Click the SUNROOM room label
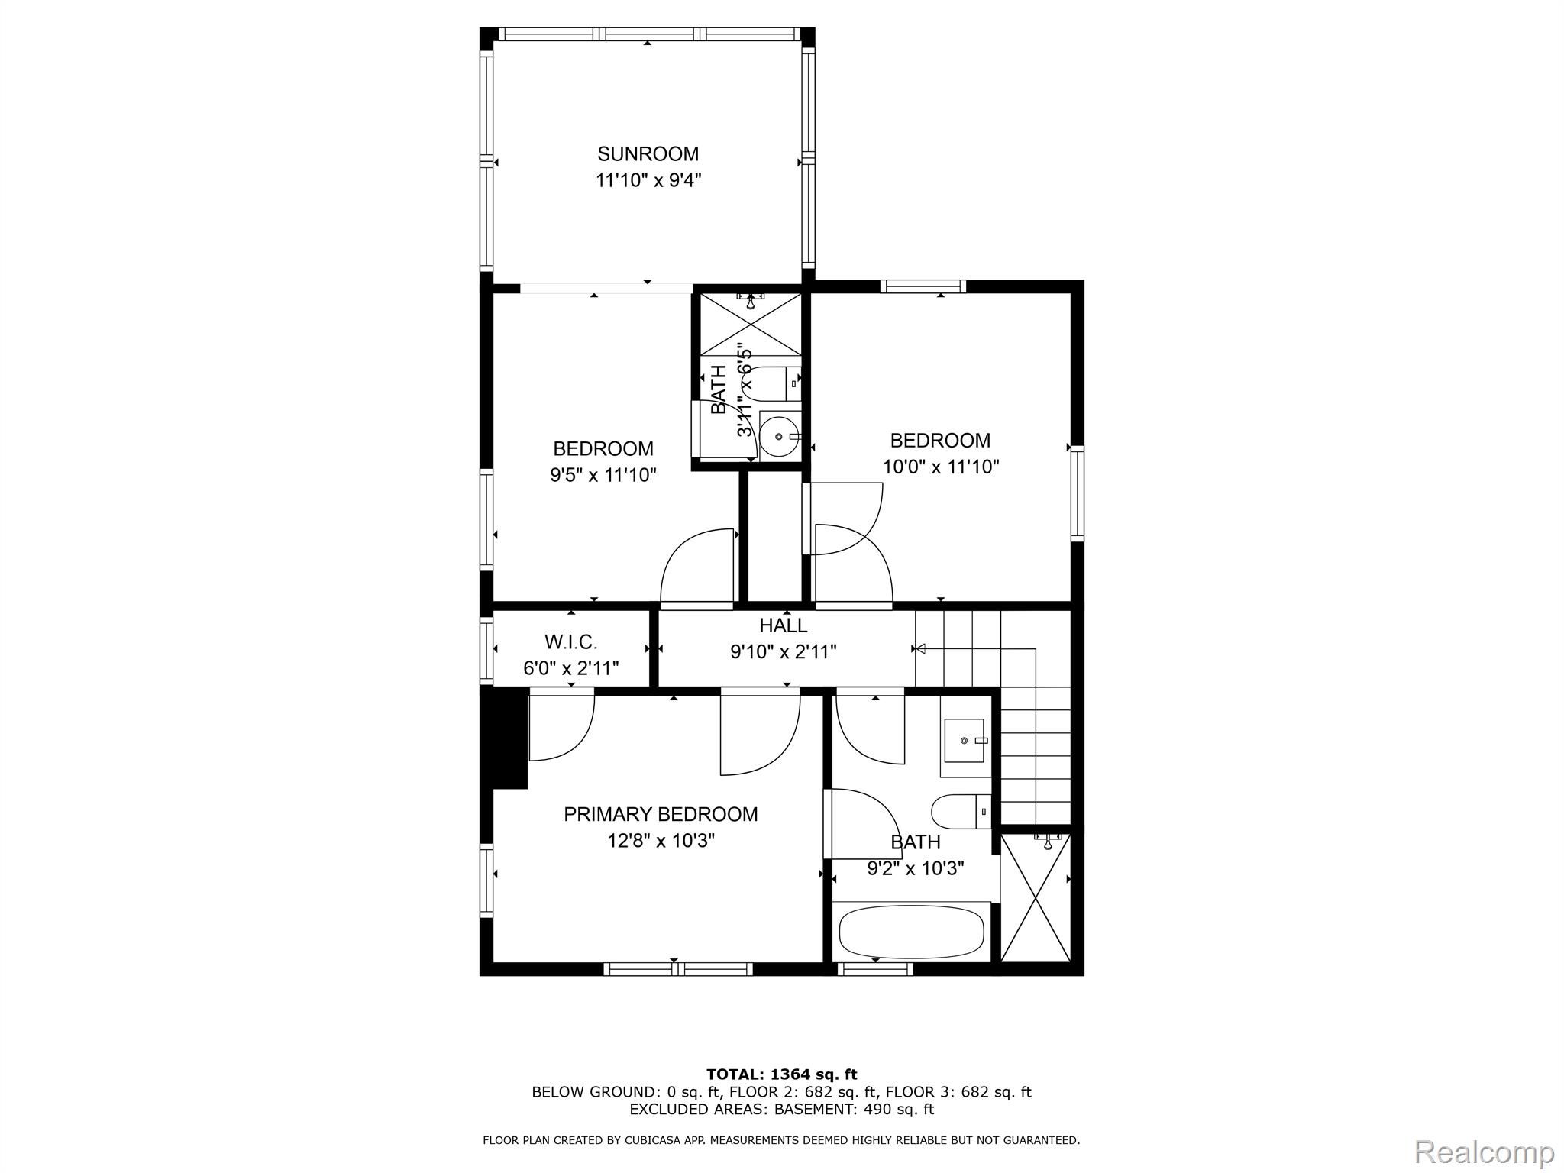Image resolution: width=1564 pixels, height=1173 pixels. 648,154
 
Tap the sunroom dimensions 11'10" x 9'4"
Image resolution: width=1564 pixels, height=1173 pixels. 648,181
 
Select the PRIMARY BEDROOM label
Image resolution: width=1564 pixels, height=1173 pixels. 661,814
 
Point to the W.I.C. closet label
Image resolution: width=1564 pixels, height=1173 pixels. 570,641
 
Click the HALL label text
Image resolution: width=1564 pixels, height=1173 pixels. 784,625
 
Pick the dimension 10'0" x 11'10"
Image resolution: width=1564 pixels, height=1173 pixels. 941,467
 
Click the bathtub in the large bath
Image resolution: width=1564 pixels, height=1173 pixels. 911,932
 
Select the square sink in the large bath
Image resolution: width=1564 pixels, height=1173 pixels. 966,740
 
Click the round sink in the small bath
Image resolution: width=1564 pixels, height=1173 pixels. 780,436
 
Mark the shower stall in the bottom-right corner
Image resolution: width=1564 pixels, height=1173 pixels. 1036,898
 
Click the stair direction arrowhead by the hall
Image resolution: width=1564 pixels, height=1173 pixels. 919,649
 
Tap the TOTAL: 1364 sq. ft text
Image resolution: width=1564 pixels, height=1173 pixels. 782,1075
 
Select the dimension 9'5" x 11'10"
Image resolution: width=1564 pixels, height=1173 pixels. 603,475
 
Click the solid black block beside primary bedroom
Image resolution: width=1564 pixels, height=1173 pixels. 504,738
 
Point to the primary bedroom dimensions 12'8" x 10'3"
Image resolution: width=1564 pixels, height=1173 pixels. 661,841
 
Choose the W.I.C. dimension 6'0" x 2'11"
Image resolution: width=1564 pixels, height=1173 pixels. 571,668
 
